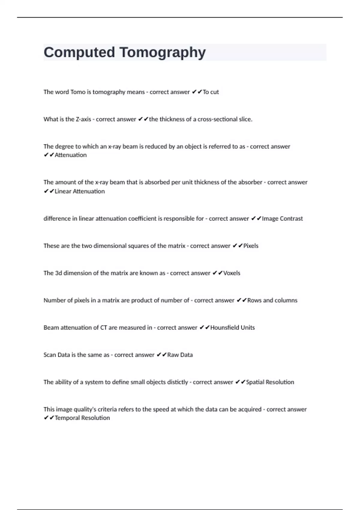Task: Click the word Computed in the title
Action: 79,52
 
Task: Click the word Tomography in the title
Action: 163,52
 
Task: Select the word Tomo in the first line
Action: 78,92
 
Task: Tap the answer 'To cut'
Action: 211,92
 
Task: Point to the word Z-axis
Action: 83,119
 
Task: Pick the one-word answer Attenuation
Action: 70,155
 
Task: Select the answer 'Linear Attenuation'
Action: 79,191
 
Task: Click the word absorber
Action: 250,182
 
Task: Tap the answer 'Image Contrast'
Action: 282,219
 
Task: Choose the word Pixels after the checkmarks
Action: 251,246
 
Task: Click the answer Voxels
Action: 232,273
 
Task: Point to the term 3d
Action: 58,273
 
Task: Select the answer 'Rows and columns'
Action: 272,300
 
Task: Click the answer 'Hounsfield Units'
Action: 232,328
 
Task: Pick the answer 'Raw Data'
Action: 180,355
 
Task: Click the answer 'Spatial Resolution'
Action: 270,382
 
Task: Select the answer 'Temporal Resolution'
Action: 82,418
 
